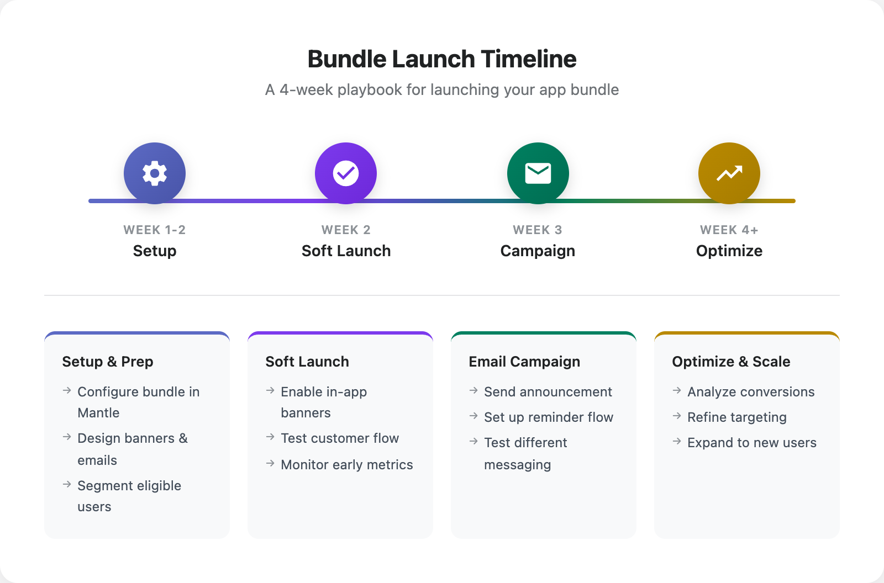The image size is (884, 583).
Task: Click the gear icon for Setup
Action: pos(155,173)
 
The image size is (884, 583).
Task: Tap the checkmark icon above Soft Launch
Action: pos(346,173)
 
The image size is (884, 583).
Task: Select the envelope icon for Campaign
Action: pos(538,173)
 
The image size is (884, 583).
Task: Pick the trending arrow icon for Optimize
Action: pos(729,173)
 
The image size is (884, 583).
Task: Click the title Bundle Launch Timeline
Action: pos(442,59)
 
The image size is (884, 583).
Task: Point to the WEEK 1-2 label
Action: pos(155,230)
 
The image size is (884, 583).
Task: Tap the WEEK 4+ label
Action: pos(729,230)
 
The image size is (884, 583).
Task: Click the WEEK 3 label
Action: pos(538,230)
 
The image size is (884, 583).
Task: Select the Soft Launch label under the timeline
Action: pos(346,251)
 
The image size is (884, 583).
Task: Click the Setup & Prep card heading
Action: pos(108,362)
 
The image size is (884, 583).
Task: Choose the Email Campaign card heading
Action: pos(524,362)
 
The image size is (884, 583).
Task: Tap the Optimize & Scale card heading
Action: pos(731,362)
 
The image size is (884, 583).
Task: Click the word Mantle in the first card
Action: pos(98,413)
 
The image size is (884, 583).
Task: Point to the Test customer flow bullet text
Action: pos(340,438)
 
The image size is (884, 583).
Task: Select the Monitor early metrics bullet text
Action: pos(347,465)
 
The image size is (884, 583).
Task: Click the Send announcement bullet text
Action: pos(548,392)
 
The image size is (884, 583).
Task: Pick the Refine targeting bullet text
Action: pos(737,417)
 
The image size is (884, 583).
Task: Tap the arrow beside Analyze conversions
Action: pos(677,391)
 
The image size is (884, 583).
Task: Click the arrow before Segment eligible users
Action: pos(67,485)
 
